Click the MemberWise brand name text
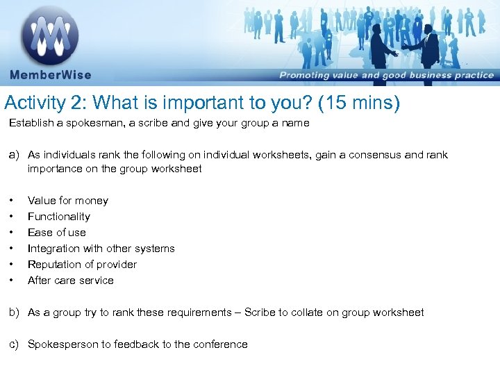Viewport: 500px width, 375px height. pos(50,75)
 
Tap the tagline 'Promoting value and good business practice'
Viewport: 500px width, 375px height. pos(386,76)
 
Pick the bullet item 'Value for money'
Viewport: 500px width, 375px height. pos(68,201)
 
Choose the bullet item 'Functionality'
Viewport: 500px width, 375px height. pos(59,217)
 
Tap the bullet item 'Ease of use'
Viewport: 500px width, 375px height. pos(57,233)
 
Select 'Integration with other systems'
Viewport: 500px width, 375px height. pos(101,249)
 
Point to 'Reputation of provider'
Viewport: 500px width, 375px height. pos(82,265)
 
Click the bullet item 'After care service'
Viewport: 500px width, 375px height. pos(71,281)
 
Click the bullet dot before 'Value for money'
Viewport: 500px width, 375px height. pos(12,201)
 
